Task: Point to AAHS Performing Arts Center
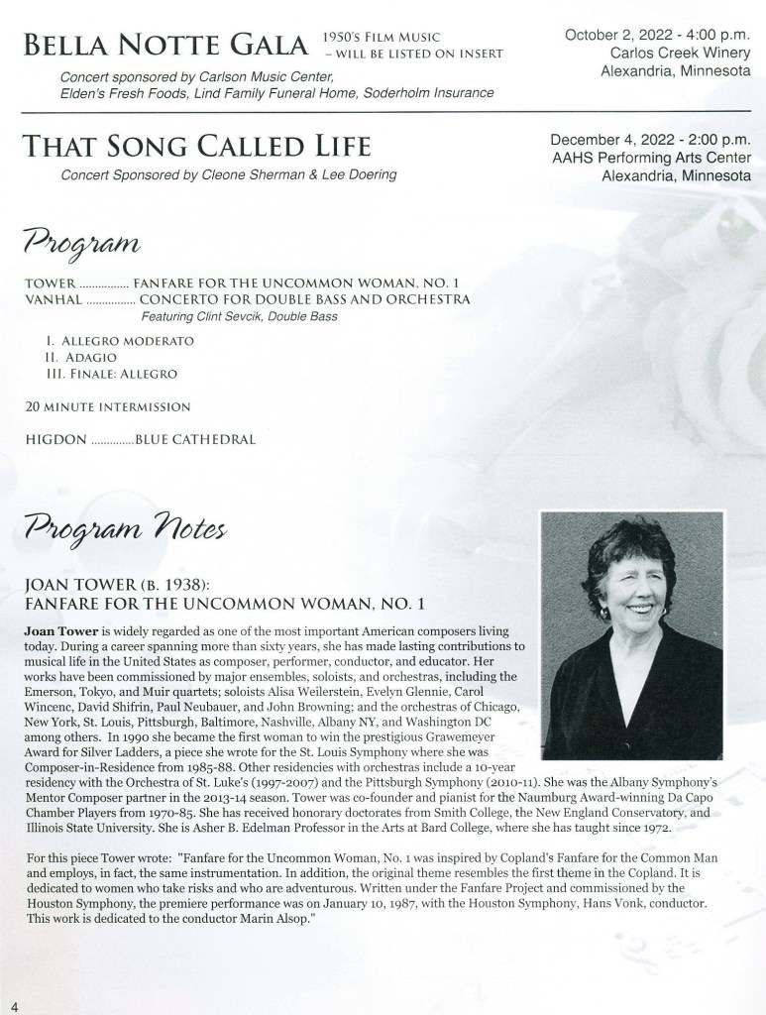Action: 650,159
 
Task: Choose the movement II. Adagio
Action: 80,357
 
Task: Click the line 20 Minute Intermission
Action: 107,405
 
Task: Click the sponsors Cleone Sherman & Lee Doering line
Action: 228,175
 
